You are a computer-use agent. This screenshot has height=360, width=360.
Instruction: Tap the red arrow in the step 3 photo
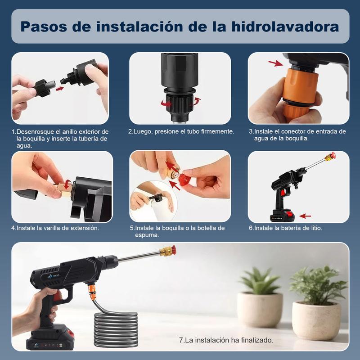276,63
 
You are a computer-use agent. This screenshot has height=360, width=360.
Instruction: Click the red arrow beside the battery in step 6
305,216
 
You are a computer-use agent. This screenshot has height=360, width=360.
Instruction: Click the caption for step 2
181,131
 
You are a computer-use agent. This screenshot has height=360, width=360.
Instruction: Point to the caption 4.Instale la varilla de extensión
55,228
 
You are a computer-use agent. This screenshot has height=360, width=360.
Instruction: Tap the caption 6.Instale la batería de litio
286,228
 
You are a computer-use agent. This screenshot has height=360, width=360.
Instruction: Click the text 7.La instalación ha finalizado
226,340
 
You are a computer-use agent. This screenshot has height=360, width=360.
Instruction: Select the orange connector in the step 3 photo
299,88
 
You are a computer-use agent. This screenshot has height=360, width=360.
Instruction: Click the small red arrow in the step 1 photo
59,88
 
